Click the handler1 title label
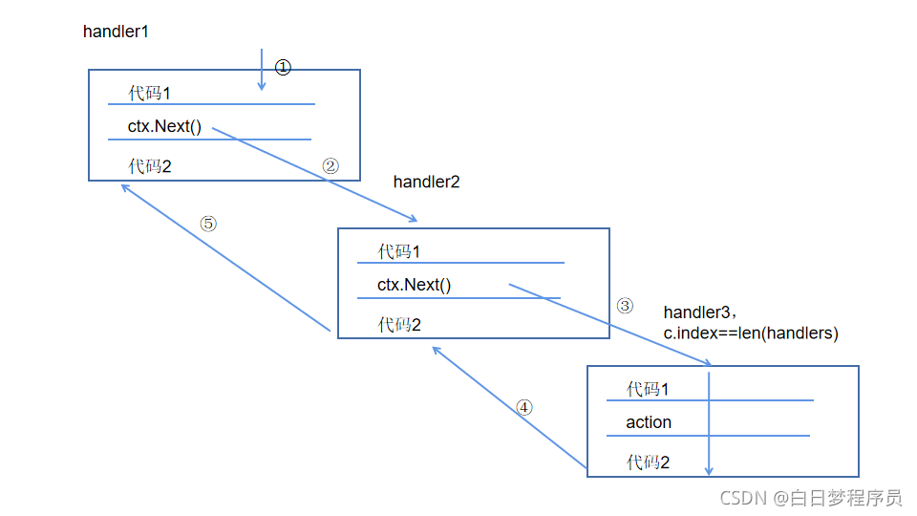click(116, 32)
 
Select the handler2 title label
click(426, 182)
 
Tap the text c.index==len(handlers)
click(751, 333)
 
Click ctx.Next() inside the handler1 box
click(164, 126)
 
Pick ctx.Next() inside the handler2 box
click(414, 285)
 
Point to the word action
click(649, 422)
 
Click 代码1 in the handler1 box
click(150, 94)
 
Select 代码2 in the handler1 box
click(150, 166)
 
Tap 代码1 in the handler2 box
click(399, 251)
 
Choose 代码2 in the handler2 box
click(399, 325)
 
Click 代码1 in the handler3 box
click(648, 389)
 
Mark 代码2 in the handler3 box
click(648, 462)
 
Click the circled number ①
click(283, 67)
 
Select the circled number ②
click(331, 165)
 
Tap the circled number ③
click(625, 306)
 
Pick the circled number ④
click(523, 407)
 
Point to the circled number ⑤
click(208, 224)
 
